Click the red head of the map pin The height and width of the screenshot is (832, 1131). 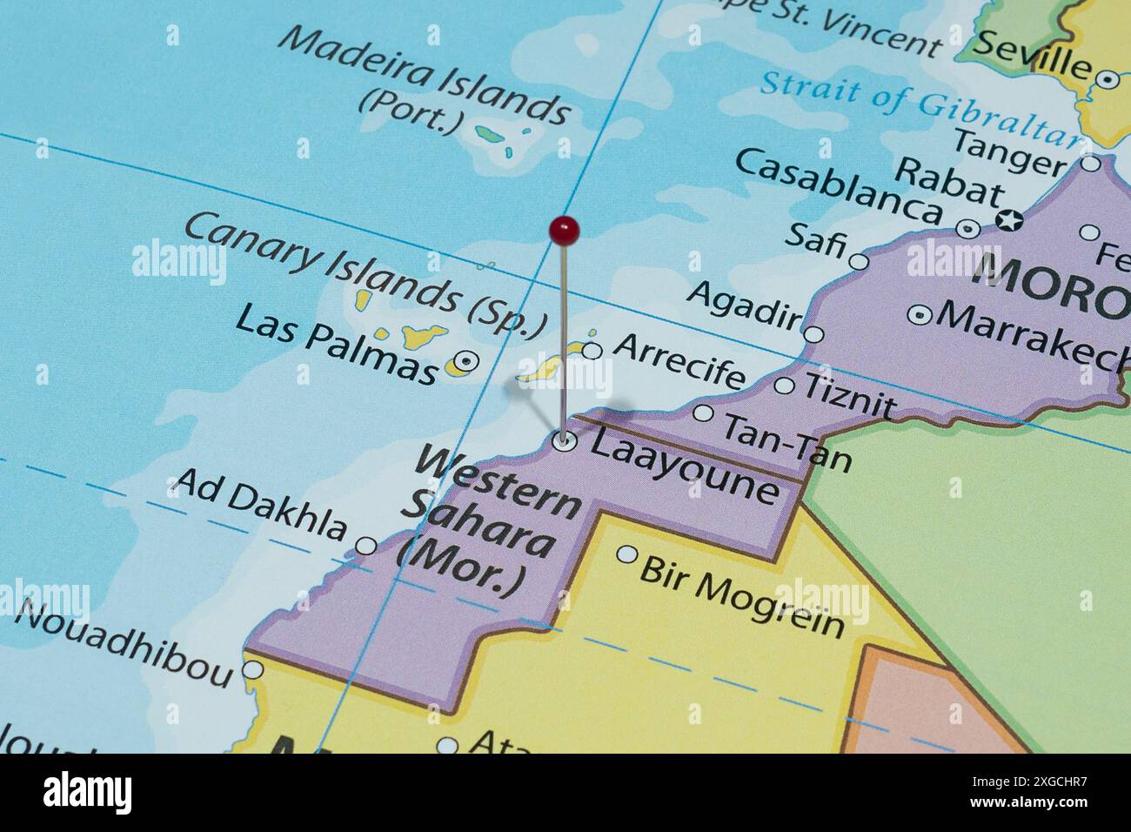pyautogui.click(x=565, y=231)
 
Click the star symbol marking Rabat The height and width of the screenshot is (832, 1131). pyautogui.click(x=1009, y=221)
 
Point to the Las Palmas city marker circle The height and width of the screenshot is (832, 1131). pyautogui.click(x=468, y=359)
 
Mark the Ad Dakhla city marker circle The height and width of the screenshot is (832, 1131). pyautogui.click(x=367, y=546)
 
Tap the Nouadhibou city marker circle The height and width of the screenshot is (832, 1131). pyautogui.click(x=252, y=670)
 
